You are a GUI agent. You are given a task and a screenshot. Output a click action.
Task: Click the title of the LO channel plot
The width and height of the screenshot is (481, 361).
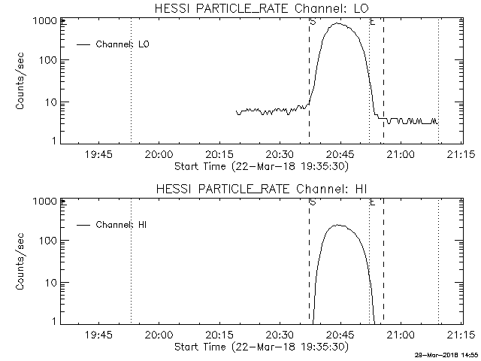click(261, 8)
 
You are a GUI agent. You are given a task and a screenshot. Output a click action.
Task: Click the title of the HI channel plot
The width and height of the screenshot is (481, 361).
click(261, 188)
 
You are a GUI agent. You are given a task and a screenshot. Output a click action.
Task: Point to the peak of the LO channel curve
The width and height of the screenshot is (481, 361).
click(339, 24)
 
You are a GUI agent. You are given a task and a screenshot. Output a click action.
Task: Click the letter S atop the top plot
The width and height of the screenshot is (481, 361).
click(312, 22)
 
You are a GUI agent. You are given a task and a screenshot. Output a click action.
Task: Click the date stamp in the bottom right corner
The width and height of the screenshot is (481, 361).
click(448, 354)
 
